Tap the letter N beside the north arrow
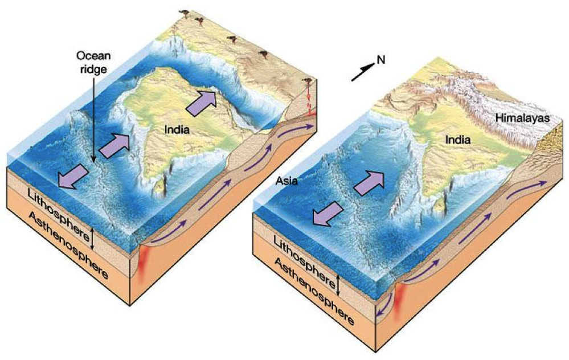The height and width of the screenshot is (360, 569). tap(381, 60)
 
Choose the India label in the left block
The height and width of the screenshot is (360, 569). tap(177, 130)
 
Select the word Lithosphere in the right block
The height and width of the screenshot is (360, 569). tap(303, 260)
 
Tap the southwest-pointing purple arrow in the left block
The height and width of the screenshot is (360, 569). tap(73, 175)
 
